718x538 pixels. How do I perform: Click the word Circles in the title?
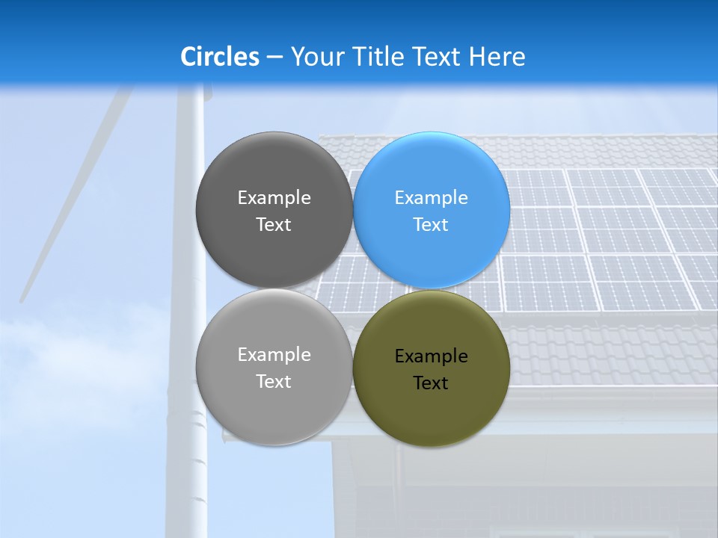pos(220,57)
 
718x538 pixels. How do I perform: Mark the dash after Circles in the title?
pos(274,58)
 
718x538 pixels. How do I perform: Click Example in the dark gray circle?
pos(274,198)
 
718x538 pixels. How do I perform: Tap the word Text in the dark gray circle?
pos(274,225)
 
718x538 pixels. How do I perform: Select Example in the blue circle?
pos(431,198)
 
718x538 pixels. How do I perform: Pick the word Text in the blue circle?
pos(431,225)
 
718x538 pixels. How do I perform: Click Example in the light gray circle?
pos(274,355)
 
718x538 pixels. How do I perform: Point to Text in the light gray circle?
pos(274,382)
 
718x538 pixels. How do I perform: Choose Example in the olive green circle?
pos(431,356)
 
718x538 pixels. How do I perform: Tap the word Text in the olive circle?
pos(431,383)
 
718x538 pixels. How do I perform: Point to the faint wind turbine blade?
pos(75,194)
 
